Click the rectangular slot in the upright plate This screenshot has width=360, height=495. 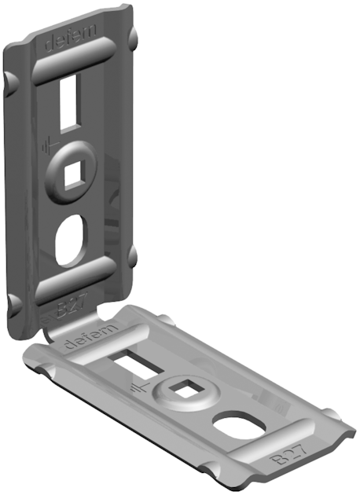(x=68, y=100)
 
